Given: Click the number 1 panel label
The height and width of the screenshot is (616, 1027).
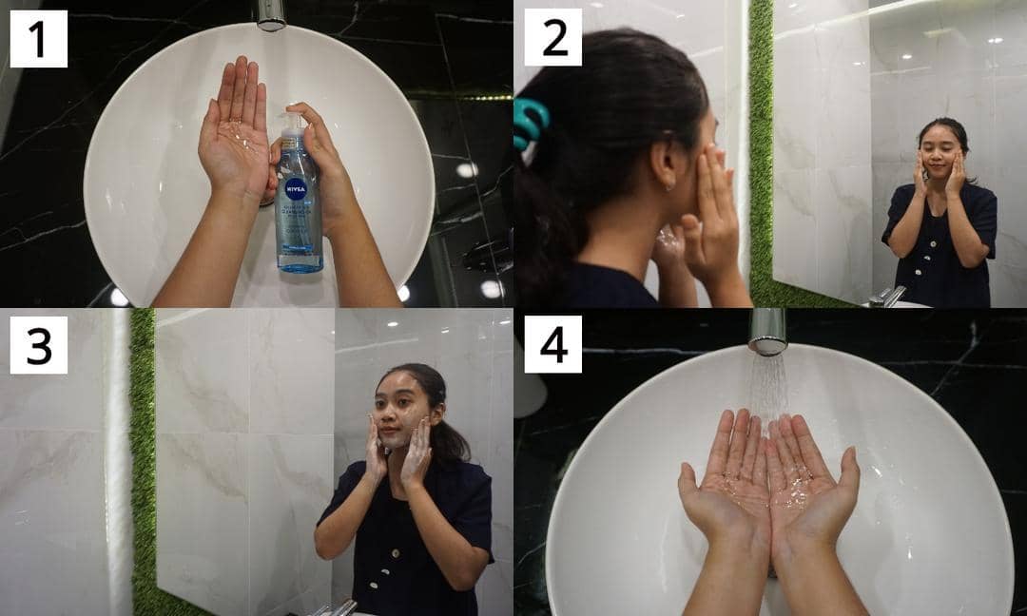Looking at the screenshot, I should tap(38, 39).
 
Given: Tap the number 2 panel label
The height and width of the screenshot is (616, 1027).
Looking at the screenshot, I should tap(552, 38).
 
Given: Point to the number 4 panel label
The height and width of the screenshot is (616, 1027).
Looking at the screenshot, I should tap(552, 344).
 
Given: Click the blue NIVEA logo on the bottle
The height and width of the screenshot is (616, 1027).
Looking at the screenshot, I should tap(296, 188).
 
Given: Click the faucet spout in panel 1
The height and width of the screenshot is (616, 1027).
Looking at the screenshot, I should tap(271, 13).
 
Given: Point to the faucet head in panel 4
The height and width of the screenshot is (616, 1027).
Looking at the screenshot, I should tap(767, 331).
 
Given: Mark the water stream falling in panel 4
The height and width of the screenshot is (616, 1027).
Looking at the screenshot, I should tap(768, 385).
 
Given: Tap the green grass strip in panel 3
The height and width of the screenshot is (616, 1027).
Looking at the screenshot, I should tap(144, 456).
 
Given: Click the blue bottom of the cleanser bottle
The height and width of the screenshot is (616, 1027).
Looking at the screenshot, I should tap(300, 260).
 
